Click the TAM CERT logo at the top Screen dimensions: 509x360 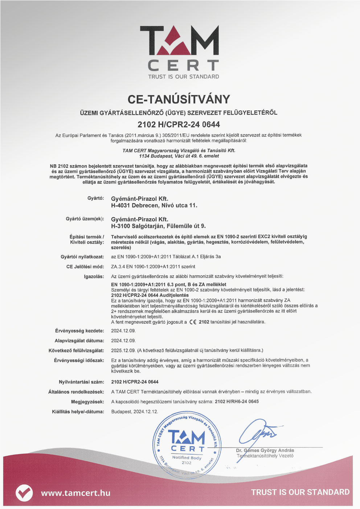pyautogui.click(x=179, y=51)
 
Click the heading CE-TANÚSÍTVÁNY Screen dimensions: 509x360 pyautogui.click(x=179, y=99)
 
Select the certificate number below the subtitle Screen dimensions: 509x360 pyautogui.click(x=179, y=124)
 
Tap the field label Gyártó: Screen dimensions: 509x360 pyautogui.click(x=96, y=198)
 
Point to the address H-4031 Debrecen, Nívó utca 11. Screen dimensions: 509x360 pyautogui.click(x=154, y=205)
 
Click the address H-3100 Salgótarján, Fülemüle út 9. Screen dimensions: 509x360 pyautogui.click(x=158, y=226)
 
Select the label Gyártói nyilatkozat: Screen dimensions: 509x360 pyautogui.click(x=82, y=256)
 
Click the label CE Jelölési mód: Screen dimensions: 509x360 pyautogui.click(x=85, y=266)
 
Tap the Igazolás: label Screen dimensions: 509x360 pyautogui.click(x=94, y=276)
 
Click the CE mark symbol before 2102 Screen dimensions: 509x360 pyautogui.click(x=193, y=322)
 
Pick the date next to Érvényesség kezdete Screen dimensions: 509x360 pyautogui.click(x=123, y=331)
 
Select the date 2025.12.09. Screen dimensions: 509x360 pyautogui.click(x=123, y=350)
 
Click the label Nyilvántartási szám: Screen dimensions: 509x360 pyautogui.click(x=82, y=382)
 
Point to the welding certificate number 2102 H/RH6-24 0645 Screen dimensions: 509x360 pyautogui.click(x=237, y=401)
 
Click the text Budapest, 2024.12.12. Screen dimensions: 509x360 pyautogui.click(x=135, y=411)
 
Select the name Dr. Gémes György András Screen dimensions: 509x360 pyautogui.click(x=265, y=450)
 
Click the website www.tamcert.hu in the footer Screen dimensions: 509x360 pyautogui.click(x=75, y=493)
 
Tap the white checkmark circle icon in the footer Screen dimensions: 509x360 pyautogui.click(x=24, y=493)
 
